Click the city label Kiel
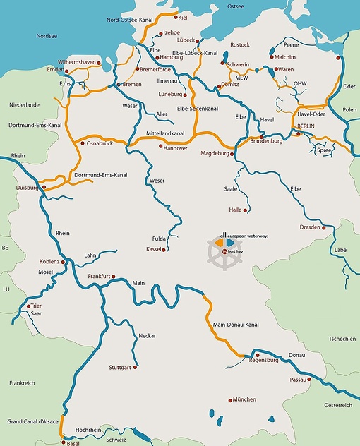(x=184, y=17)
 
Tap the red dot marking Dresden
(x=324, y=228)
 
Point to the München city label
(x=244, y=399)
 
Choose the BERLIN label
(x=306, y=126)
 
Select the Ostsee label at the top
(x=235, y=6)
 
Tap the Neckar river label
(x=147, y=335)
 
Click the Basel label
(x=73, y=444)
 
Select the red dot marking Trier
(x=28, y=306)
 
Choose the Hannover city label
(x=175, y=148)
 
